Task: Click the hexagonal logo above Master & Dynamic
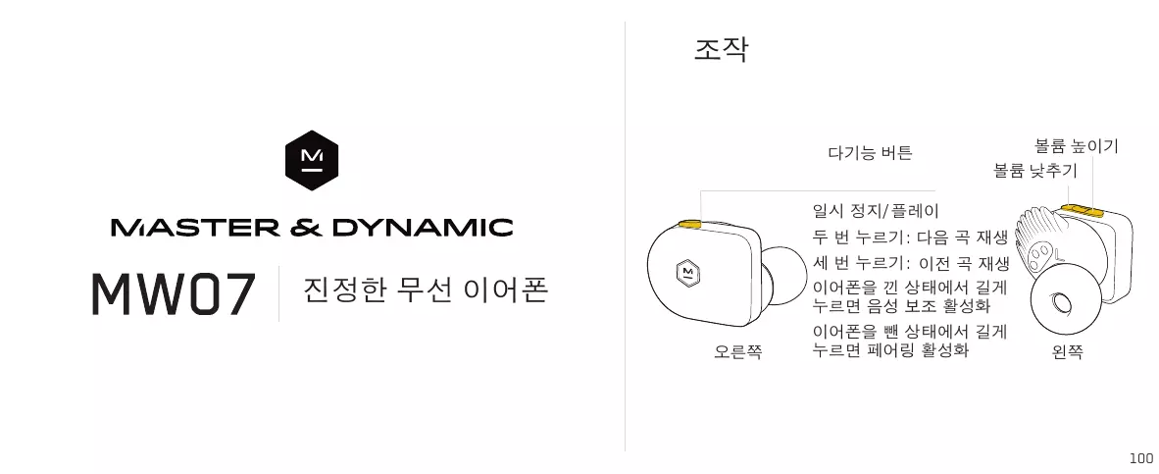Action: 312,161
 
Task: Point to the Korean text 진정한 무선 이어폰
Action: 427,290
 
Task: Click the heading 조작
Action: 721,50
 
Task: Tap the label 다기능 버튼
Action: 870,153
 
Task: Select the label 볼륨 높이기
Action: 1076,146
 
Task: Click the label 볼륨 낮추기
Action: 1034,171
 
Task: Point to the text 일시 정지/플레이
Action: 877,211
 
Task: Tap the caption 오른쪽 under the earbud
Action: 737,350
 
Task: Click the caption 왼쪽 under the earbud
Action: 1067,350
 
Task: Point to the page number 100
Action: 1140,458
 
